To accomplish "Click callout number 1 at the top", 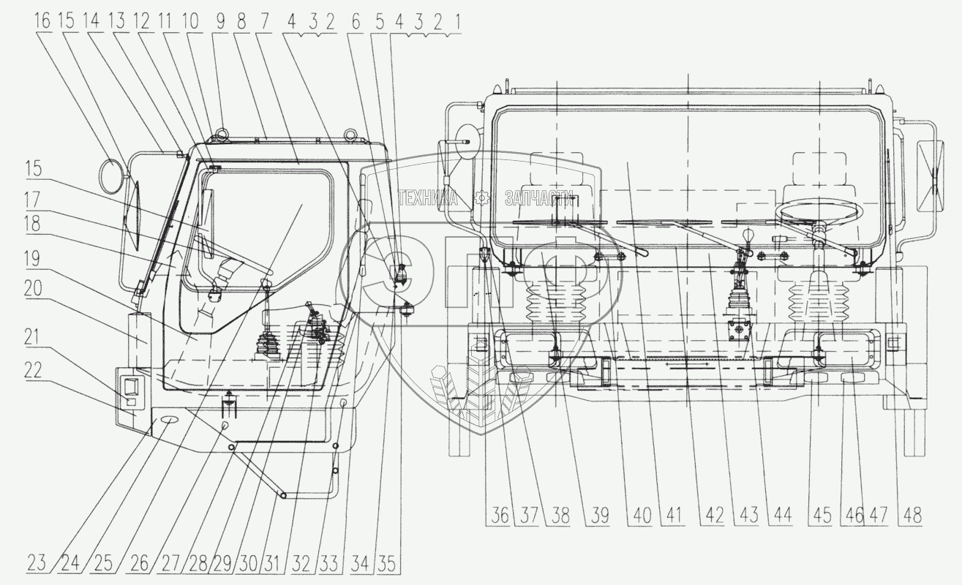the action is (457, 20).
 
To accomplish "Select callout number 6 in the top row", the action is (357, 20).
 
